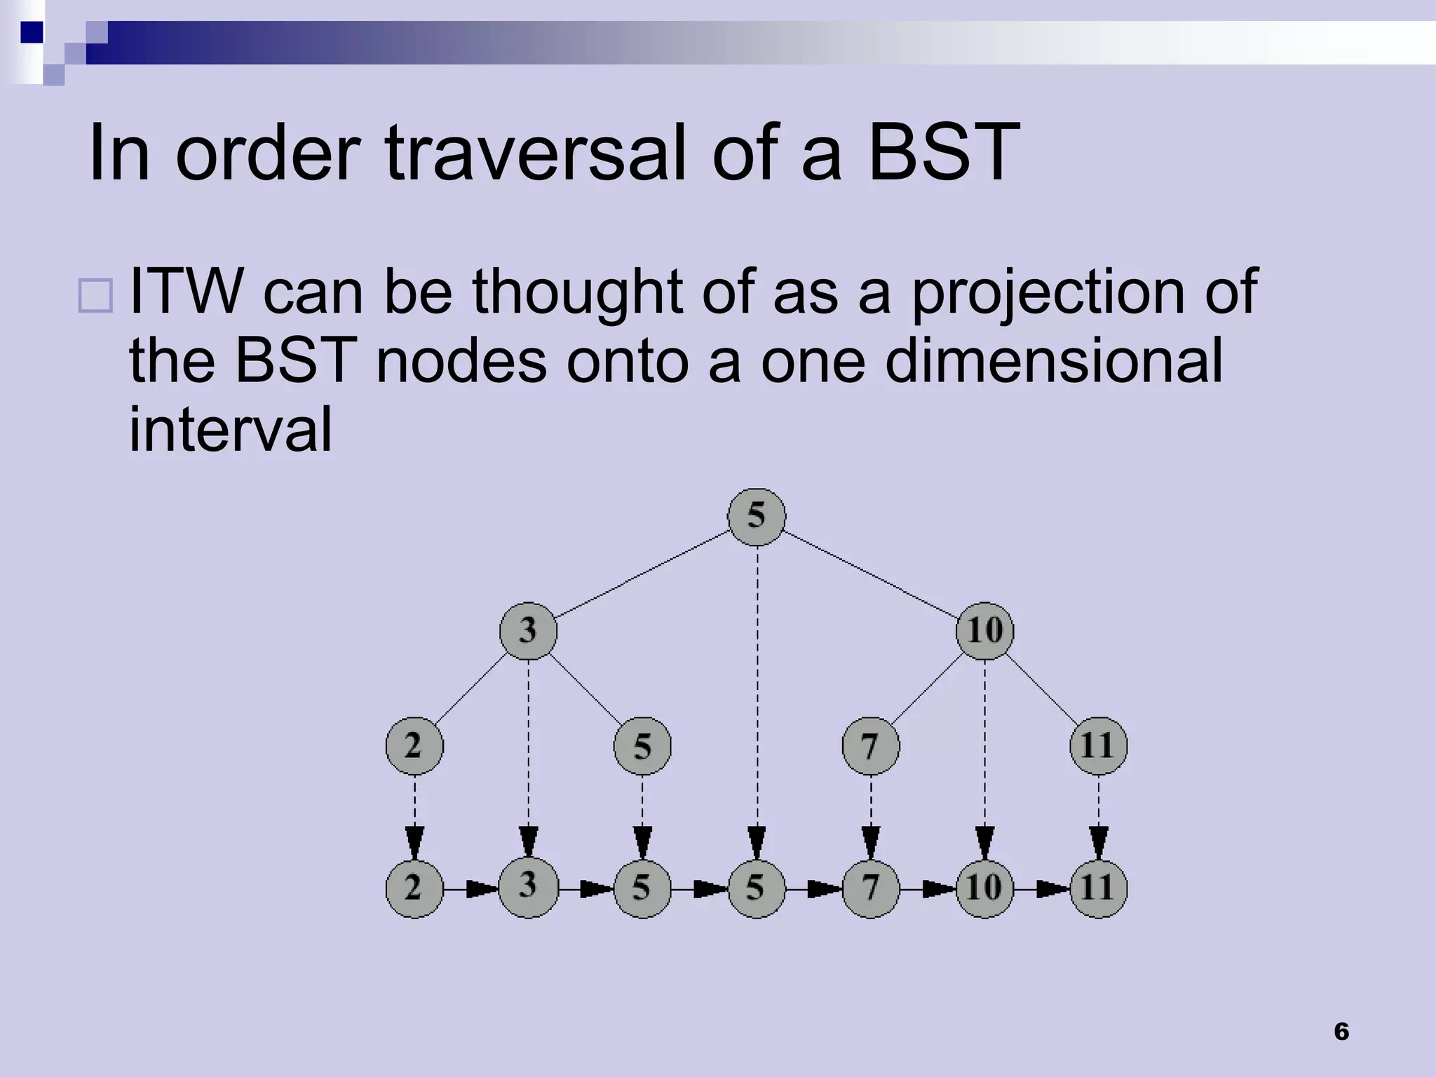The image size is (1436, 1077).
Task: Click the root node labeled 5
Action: click(x=757, y=517)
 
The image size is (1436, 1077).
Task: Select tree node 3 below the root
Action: click(x=528, y=631)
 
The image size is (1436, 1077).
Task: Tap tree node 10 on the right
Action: click(x=984, y=630)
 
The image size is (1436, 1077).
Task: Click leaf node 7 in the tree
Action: click(x=870, y=746)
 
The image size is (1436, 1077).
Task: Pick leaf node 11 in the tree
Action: click(x=1098, y=746)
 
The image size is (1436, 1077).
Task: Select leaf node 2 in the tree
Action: click(x=414, y=746)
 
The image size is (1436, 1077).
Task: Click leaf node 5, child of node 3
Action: click(x=642, y=746)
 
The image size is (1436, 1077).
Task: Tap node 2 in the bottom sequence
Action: click(x=414, y=888)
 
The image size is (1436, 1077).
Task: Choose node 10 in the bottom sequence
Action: click(x=984, y=888)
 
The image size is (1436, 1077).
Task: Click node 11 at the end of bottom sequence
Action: click(x=1098, y=888)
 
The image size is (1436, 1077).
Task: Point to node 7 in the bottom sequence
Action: click(x=870, y=888)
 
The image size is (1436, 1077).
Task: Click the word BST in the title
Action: click(x=943, y=152)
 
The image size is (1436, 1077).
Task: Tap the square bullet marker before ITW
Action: click(x=95, y=295)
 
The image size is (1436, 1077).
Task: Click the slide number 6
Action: click(x=1341, y=1031)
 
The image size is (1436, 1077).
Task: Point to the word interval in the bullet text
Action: click(x=230, y=429)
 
